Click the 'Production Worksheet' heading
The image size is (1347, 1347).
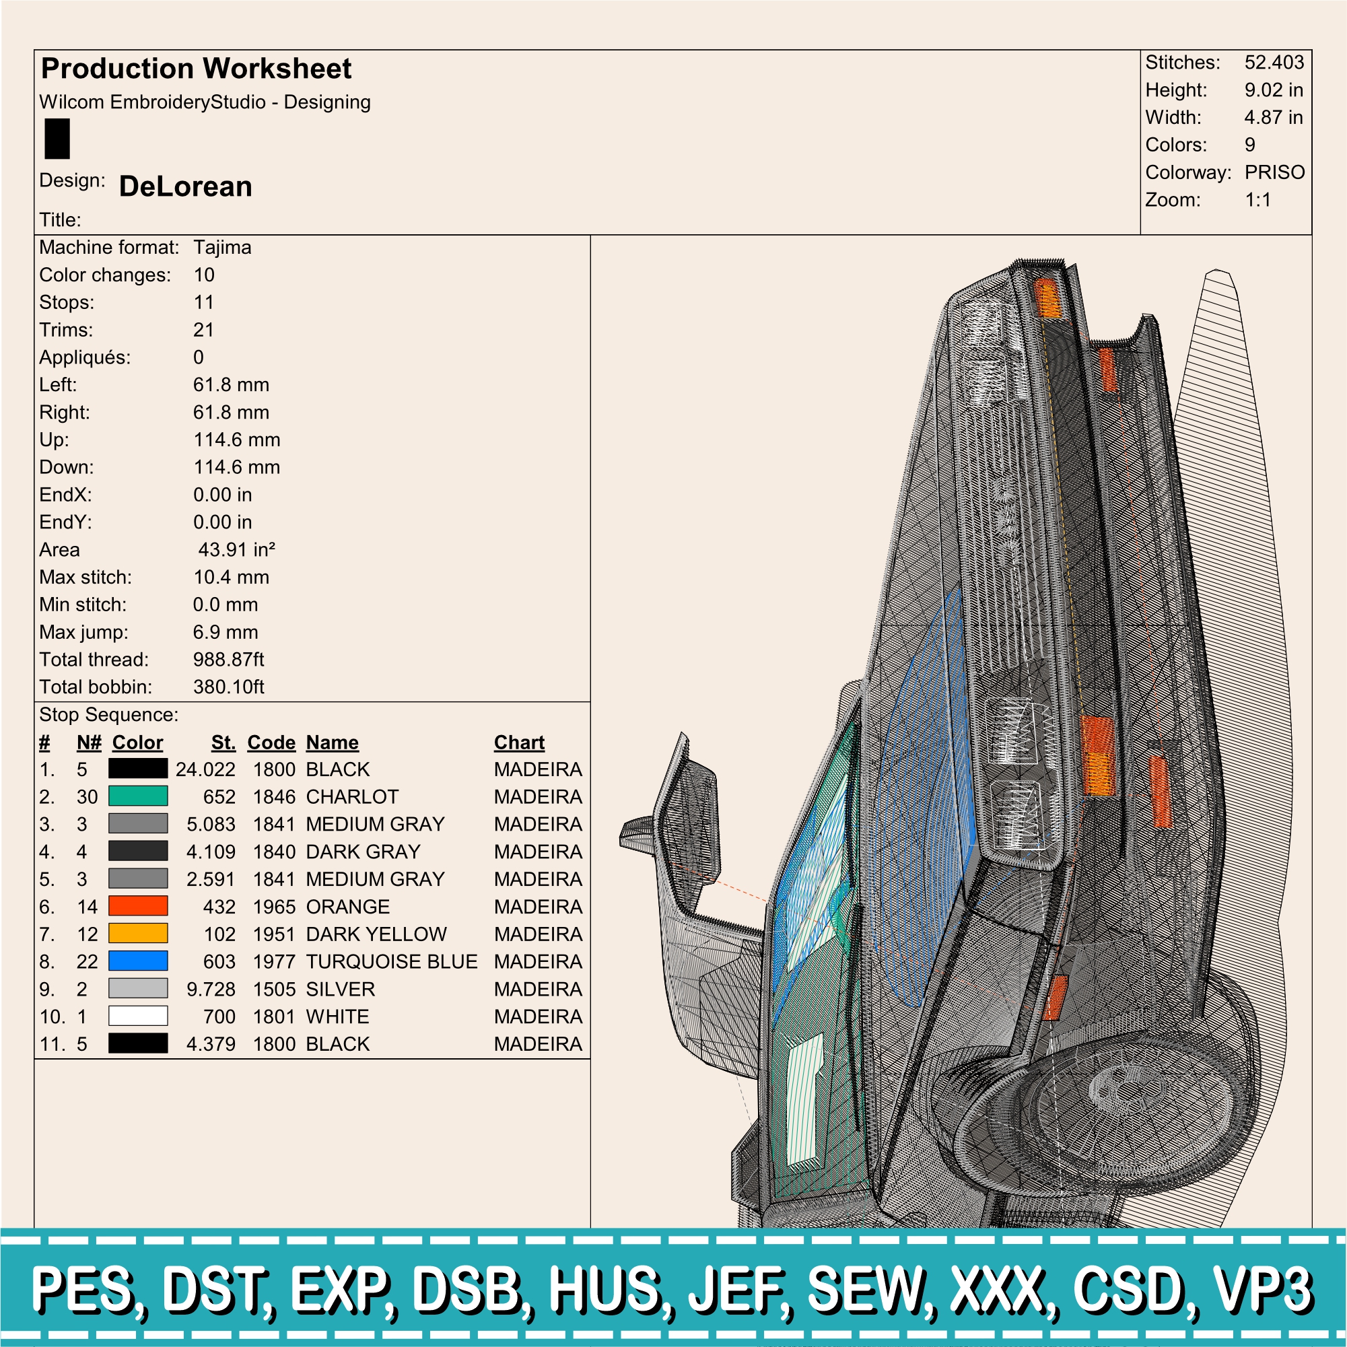(196, 69)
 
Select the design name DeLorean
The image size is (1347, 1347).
(186, 186)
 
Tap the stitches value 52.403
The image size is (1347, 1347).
(1274, 62)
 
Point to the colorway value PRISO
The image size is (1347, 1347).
(1274, 172)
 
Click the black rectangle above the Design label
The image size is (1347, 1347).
(57, 139)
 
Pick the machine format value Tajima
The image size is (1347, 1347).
(222, 248)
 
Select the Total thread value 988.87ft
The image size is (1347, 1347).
(229, 660)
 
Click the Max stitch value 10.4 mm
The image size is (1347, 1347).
(232, 578)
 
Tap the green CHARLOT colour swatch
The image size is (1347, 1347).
(138, 796)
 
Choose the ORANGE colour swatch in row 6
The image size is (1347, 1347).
(138, 905)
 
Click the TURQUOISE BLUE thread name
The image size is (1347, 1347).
(392, 961)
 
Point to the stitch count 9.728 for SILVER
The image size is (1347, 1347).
(211, 989)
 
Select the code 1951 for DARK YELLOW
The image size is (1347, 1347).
(274, 934)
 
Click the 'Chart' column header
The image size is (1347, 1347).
(520, 742)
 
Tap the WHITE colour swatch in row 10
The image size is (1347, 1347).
(138, 1016)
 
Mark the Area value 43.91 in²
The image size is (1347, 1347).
(237, 550)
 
